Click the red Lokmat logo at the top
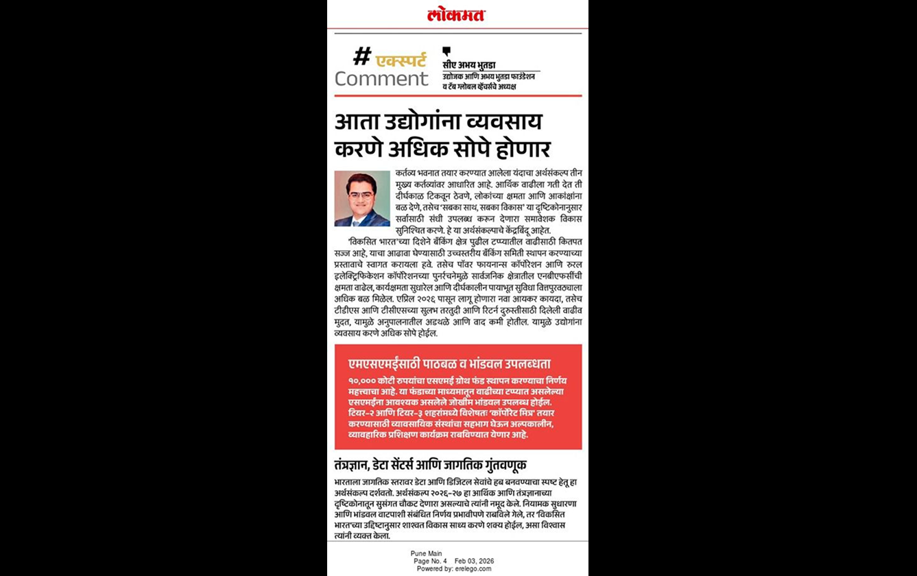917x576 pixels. pyautogui.click(x=455, y=14)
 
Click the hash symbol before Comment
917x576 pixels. pyautogui.click(x=362, y=56)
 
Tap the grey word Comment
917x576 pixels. pyautogui.click(x=381, y=79)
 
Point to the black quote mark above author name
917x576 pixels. pyautogui.click(x=446, y=51)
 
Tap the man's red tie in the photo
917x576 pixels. pyautogui.click(x=362, y=217)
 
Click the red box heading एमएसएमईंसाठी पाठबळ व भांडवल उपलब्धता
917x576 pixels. pyautogui.click(x=449, y=363)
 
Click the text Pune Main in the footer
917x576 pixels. pyautogui.click(x=427, y=553)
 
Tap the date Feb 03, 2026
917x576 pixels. pyautogui.click(x=473, y=561)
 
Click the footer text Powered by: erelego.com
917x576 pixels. pyautogui.click(x=454, y=568)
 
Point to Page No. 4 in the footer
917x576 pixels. pyautogui.click(x=430, y=561)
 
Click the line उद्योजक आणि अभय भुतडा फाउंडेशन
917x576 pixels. pyautogui.click(x=488, y=77)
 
